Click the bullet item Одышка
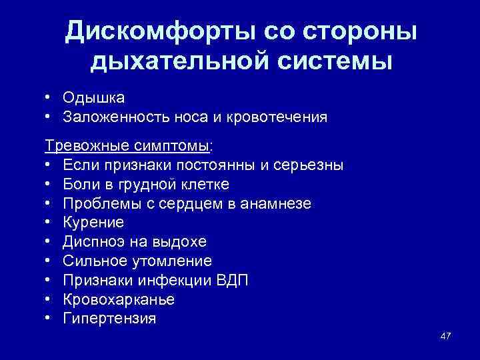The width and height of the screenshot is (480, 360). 93,98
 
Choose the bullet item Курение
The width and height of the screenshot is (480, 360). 93,222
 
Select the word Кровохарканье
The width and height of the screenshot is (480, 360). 119,299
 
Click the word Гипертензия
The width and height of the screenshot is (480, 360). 109,319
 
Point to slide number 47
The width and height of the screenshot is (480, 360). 445,335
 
